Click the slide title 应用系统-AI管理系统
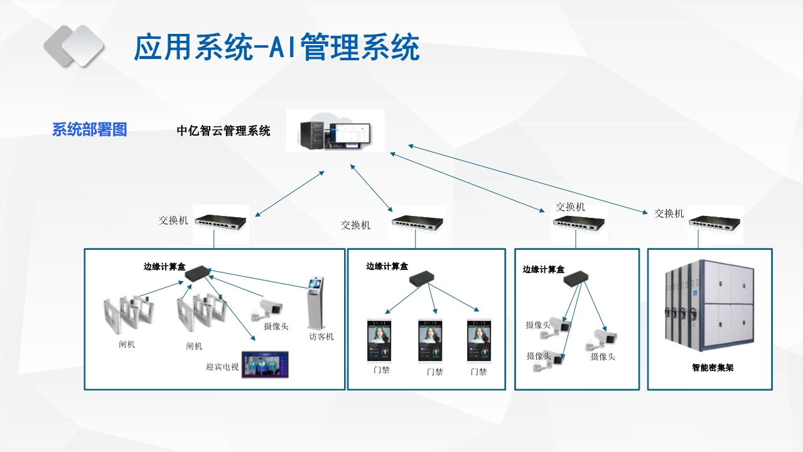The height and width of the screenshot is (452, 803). (276, 48)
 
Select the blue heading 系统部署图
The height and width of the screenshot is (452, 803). (89, 130)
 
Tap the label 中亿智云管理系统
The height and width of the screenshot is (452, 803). (224, 131)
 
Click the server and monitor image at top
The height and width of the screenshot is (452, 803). (335, 131)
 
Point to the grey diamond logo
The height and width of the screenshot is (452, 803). (73, 46)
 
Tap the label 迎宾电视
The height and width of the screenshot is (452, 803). (222, 367)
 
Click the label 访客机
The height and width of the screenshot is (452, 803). (321, 336)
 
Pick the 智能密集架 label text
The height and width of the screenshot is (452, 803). (712, 368)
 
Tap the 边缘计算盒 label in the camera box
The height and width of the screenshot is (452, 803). (543, 269)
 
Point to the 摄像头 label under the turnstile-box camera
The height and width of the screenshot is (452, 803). (276, 326)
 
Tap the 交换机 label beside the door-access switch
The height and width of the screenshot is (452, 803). (355, 225)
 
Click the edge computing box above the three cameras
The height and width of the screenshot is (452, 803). (574, 279)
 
